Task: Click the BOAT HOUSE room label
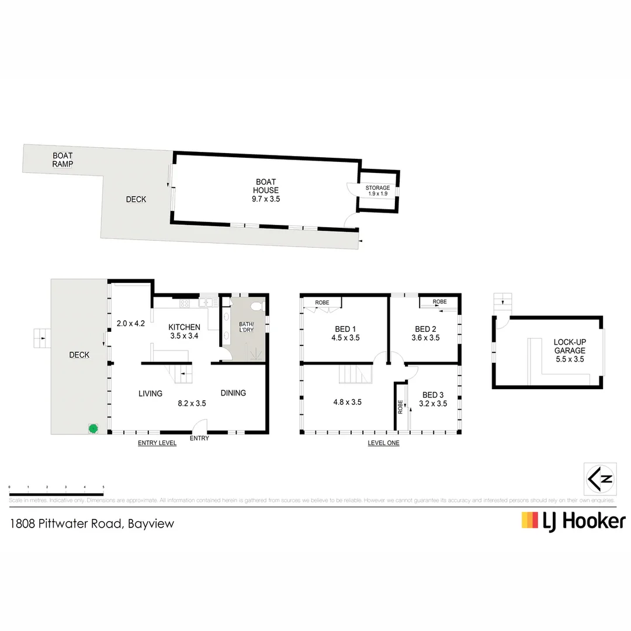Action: pyautogui.click(x=266, y=190)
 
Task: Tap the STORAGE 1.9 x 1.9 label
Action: pyautogui.click(x=377, y=190)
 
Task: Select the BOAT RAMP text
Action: pyautogui.click(x=63, y=160)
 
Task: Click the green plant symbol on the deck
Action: pyautogui.click(x=92, y=428)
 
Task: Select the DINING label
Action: pyautogui.click(x=233, y=393)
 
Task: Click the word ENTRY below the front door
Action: pyautogui.click(x=199, y=439)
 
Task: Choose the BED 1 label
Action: pyautogui.click(x=345, y=333)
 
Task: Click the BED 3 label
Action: pyautogui.click(x=433, y=398)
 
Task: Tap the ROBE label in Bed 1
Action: pyautogui.click(x=322, y=303)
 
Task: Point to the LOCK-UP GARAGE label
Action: pyautogui.click(x=569, y=346)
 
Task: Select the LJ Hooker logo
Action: pyautogui.click(x=573, y=521)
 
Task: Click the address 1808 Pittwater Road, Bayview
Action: pyautogui.click(x=92, y=523)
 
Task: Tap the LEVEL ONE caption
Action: pyautogui.click(x=383, y=443)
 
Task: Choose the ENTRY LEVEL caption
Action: pyautogui.click(x=157, y=443)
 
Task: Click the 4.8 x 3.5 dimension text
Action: pyautogui.click(x=348, y=402)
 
